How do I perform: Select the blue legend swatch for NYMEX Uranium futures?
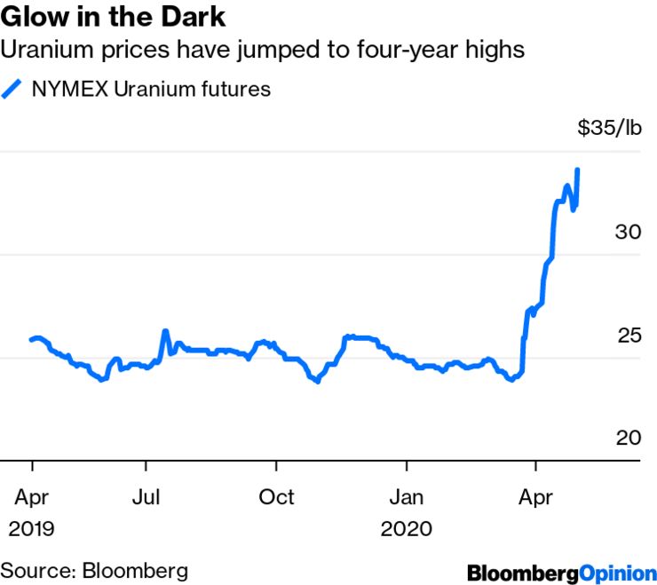coord(13,89)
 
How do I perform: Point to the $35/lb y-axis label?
coord(608,129)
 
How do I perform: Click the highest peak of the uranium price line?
coord(578,170)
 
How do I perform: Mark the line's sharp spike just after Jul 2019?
coord(165,331)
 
